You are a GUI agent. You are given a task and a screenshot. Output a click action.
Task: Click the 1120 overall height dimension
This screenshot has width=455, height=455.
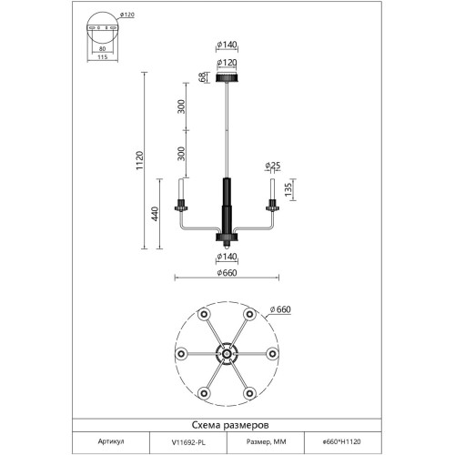(139, 160)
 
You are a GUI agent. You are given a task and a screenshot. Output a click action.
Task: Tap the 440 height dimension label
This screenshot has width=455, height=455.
(155, 214)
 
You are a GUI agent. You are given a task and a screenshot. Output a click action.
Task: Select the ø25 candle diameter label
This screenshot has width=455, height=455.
(273, 166)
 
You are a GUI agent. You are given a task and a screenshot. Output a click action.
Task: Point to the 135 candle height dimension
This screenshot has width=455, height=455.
(288, 189)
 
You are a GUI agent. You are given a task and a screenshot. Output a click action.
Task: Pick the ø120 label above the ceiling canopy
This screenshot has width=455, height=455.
(227, 63)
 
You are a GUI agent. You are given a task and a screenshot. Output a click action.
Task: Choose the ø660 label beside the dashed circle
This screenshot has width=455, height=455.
(280, 309)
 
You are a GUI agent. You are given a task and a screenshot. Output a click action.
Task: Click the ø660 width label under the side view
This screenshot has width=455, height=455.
(227, 273)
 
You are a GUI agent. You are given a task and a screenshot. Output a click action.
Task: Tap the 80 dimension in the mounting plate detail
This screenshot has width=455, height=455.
(103, 48)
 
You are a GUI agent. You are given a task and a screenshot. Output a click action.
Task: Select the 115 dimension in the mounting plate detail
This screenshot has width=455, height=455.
(103, 57)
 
